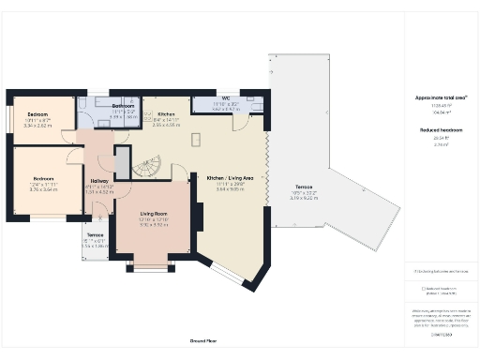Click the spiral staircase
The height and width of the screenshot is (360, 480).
148,169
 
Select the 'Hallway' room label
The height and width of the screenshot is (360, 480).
98,181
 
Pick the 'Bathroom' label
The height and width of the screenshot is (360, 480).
124,107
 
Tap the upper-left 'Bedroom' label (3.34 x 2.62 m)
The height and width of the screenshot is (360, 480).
38,114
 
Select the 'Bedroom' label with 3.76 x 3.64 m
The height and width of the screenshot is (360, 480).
44,178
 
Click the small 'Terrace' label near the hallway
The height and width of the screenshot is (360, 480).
95,234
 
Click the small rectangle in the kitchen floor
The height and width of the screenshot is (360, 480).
197,140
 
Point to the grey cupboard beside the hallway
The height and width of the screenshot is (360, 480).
122,161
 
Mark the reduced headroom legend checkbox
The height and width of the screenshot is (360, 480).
424,289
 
